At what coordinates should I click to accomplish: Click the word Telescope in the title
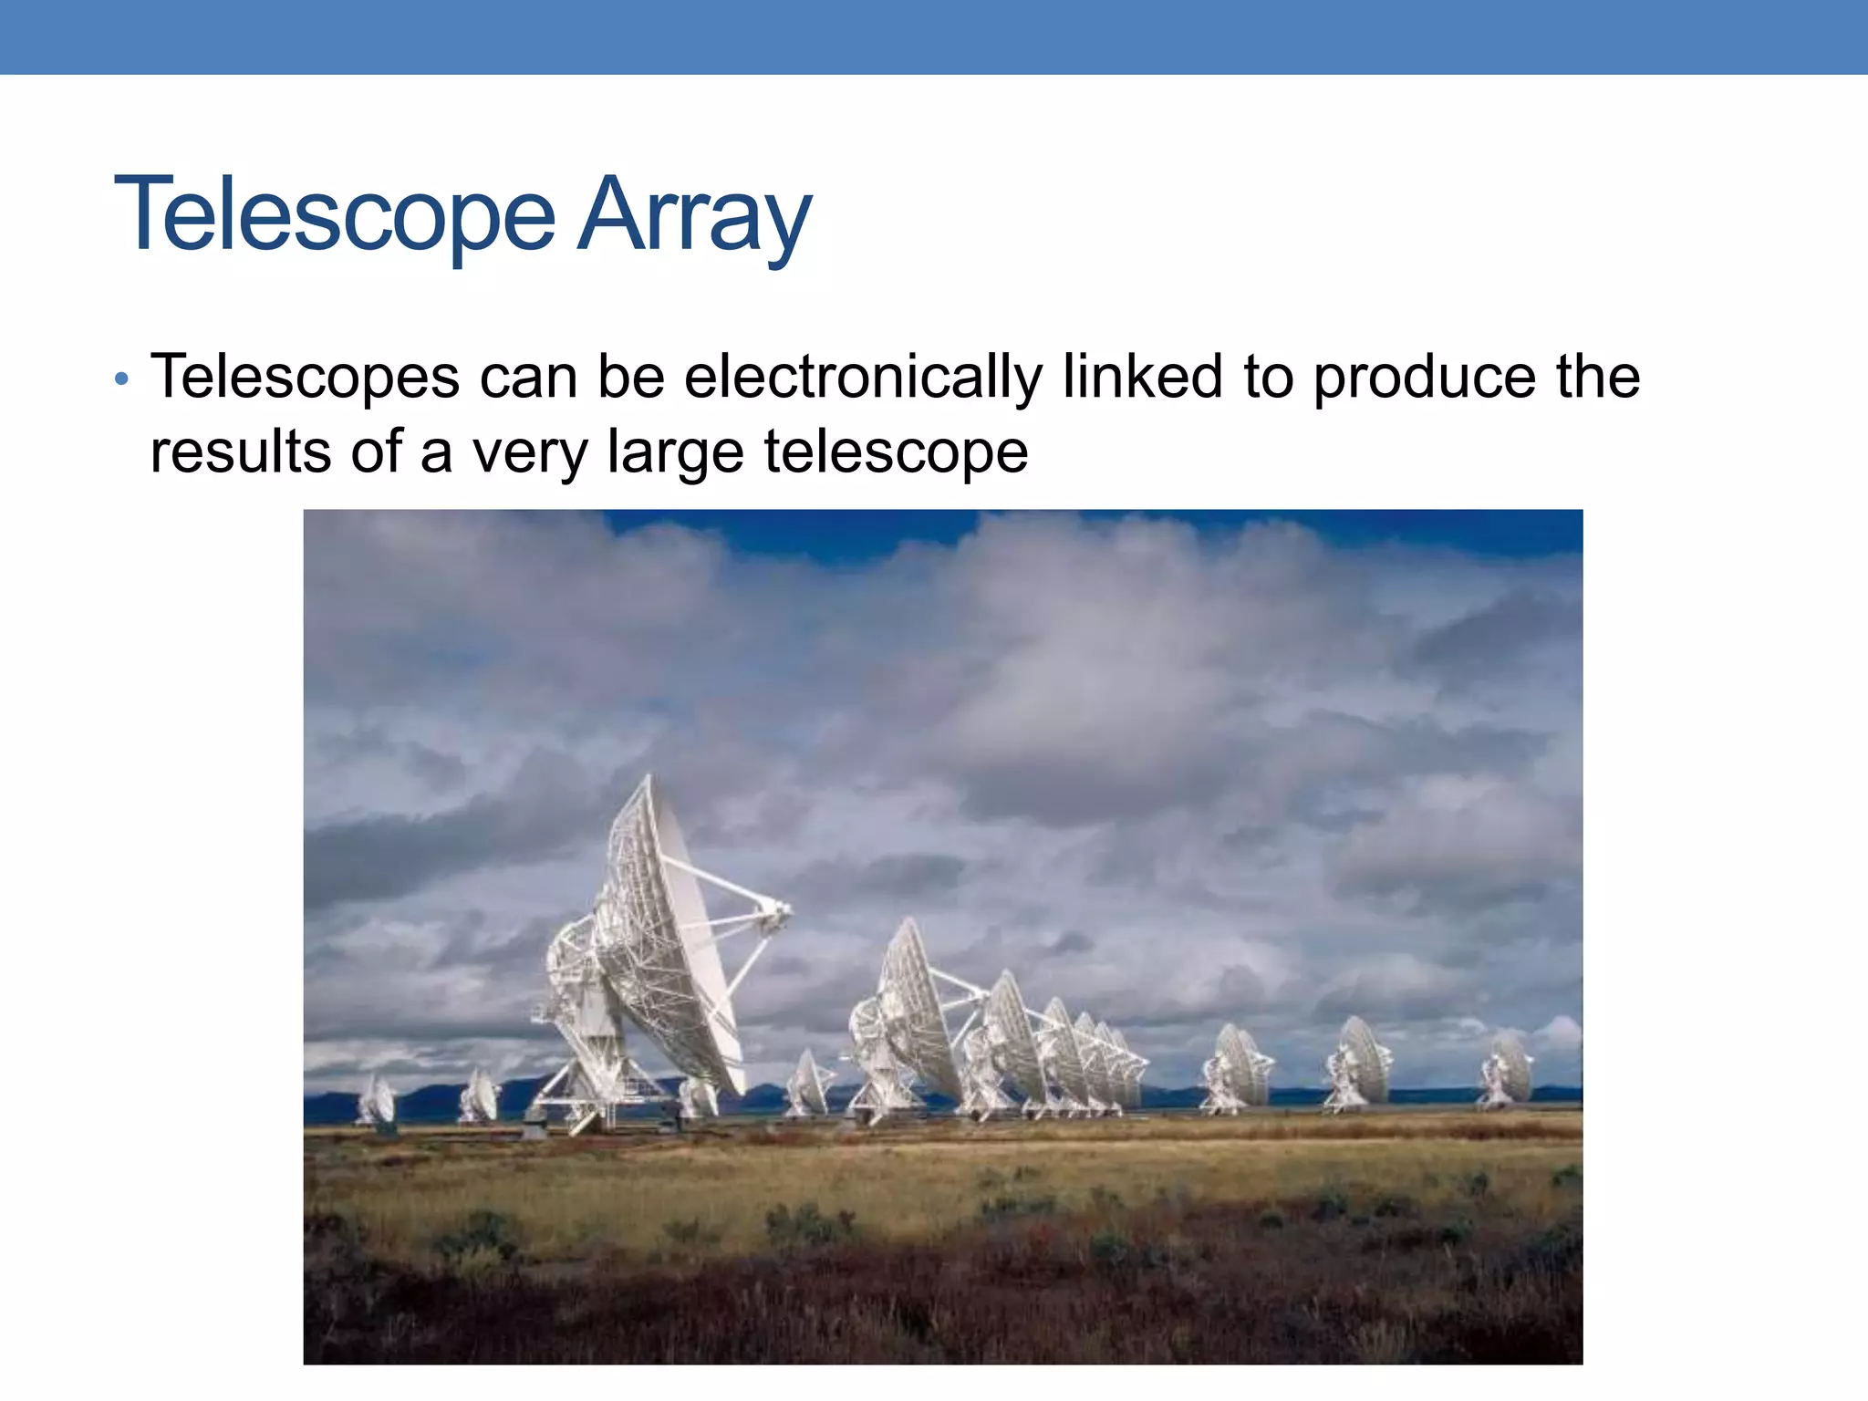tap(334, 215)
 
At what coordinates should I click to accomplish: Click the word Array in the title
tap(693, 215)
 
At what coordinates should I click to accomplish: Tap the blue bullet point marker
tap(122, 379)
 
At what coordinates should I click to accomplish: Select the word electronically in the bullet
tap(863, 376)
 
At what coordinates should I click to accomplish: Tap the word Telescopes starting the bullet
tap(305, 376)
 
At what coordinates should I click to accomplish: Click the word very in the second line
tap(530, 453)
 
